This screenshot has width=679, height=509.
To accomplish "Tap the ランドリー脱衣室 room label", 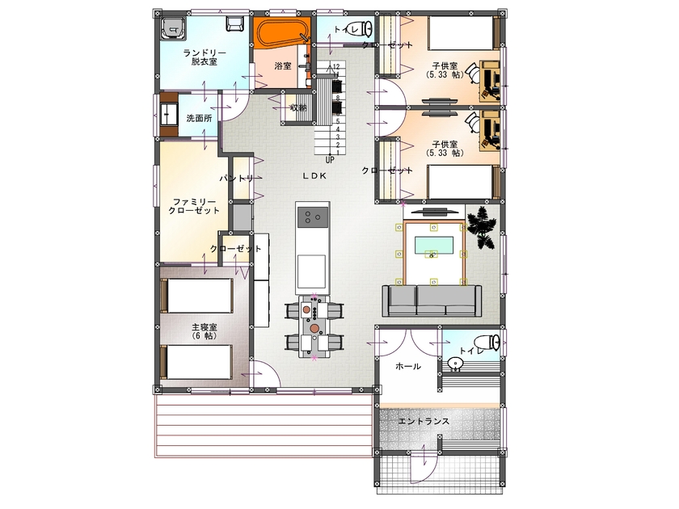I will pyautogui.click(x=204, y=57).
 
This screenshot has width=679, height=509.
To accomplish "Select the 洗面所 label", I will pyautogui.click(x=199, y=118).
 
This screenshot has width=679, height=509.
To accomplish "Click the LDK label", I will pyautogui.click(x=315, y=175).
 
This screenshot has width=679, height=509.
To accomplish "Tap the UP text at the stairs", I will pyautogui.click(x=330, y=159).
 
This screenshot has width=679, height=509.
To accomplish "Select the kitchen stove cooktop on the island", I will pyautogui.click(x=312, y=217).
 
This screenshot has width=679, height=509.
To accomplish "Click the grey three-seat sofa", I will pyautogui.click(x=432, y=301).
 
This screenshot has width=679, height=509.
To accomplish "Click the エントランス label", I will pyautogui.click(x=424, y=422).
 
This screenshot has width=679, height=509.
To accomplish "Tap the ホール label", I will pyautogui.click(x=407, y=366).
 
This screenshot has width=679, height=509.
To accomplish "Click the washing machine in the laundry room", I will pyautogui.click(x=172, y=31).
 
